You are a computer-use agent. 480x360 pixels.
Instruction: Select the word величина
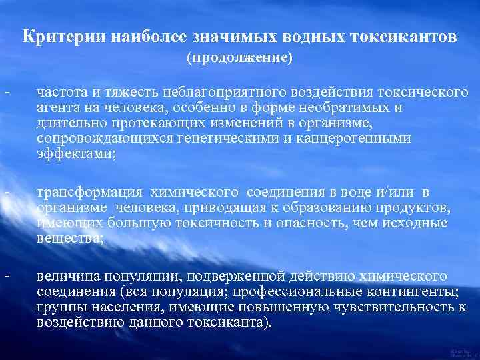(67, 275)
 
